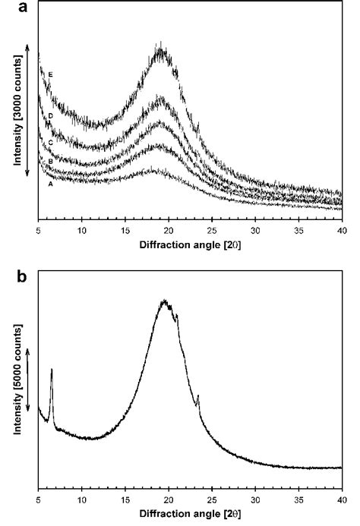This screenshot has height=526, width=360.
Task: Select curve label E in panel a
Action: [x=50, y=74]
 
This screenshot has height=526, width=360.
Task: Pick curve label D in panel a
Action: [x=50, y=115]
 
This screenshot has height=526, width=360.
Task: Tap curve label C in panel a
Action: [x=50, y=143]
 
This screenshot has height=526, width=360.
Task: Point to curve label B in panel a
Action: [x=50, y=162]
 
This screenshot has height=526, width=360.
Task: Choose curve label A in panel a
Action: [x=50, y=184]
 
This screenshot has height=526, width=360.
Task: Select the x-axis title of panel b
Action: [x=190, y=517]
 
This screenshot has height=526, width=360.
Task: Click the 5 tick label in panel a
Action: [x=39, y=230]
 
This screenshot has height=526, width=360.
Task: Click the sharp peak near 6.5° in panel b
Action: [x=51, y=370]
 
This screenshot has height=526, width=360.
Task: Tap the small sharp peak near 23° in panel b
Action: [x=197, y=396]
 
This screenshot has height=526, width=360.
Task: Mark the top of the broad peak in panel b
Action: [x=163, y=301]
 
